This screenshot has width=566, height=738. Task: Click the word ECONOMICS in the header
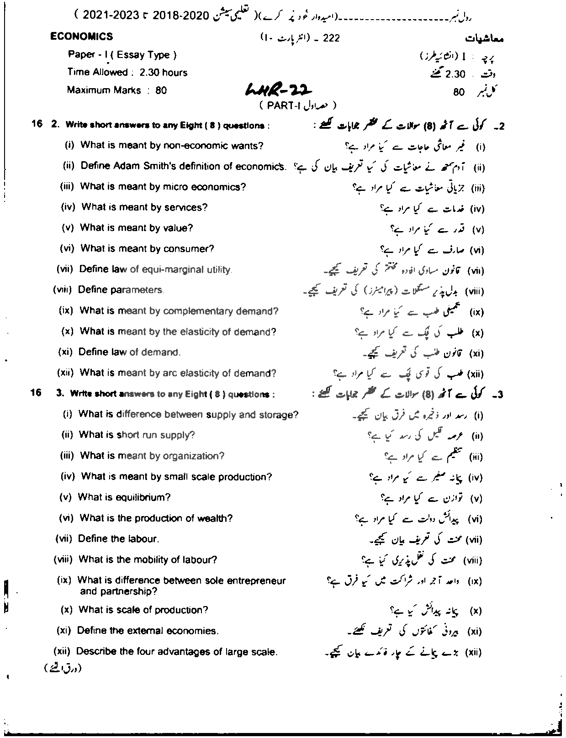click(x=82, y=37)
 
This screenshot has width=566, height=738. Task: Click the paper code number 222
click(x=331, y=38)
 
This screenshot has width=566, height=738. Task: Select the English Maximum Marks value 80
click(x=161, y=90)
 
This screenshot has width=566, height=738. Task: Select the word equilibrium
click(x=141, y=497)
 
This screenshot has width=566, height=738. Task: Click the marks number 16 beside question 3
click(x=36, y=393)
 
